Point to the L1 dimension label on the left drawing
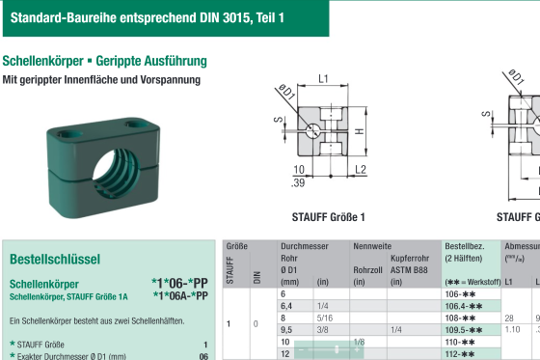(x=324, y=79)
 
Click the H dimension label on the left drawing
(x=358, y=131)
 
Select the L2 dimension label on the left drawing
(x=360, y=169)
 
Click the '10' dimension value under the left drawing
(x=299, y=169)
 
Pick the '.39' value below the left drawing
(x=299, y=181)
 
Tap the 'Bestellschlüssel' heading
(x=55, y=260)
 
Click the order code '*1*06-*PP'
(x=179, y=284)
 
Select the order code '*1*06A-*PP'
(x=179, y=296)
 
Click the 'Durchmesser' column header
(x=304, y=247)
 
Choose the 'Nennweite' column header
(x=372, y=247)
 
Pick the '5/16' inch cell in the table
(x=324, y=317)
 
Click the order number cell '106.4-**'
(x=464, y=305)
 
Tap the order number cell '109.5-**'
(x=464, y=329)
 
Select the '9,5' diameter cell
(x=286, y=329)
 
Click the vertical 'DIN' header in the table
(x=256, y=277)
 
